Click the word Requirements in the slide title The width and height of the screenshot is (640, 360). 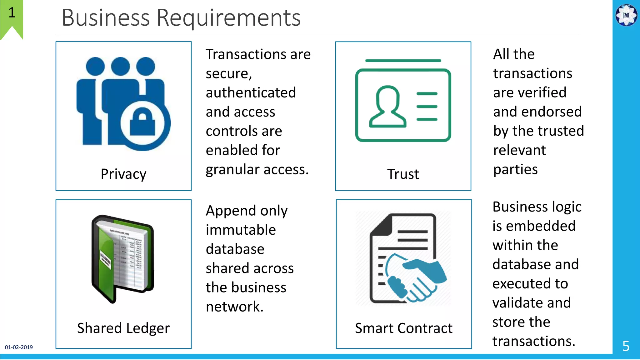(228, 18)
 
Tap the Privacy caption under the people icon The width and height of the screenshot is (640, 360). (123, 174)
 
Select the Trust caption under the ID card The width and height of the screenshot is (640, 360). (403, 174)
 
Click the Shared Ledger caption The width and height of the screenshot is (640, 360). (123, 328)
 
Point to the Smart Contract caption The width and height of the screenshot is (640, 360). (403, 328)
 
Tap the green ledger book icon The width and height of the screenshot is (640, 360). (122, 258)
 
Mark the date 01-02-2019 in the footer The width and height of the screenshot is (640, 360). (19, 347)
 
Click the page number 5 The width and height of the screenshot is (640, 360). (626, 346)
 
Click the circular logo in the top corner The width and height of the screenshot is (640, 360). (626, 15)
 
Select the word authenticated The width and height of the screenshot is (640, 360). (251, 93)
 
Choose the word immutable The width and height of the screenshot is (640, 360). (241, 230)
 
